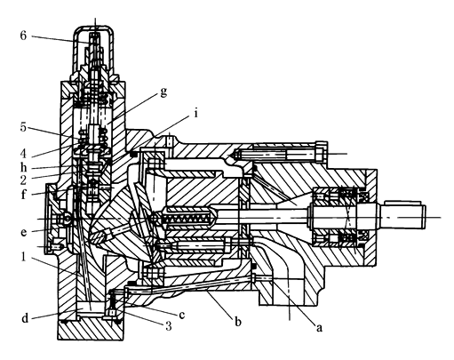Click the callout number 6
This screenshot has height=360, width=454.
[x=23, y=36]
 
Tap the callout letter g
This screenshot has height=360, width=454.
[x=163, y=92]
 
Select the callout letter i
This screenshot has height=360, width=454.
[x=195, y=113]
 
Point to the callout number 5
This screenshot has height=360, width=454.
[x=23, y=127]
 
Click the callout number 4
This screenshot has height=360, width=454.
[x=23, y=153]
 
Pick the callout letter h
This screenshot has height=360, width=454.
[x=24, y=167]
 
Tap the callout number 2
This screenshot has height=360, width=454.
[x=23, y=180]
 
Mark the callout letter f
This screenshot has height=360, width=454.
[x=24, y=194]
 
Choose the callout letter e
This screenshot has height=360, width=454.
[x=24, y=232]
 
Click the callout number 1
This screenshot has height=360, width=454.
[x=24, y=257]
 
